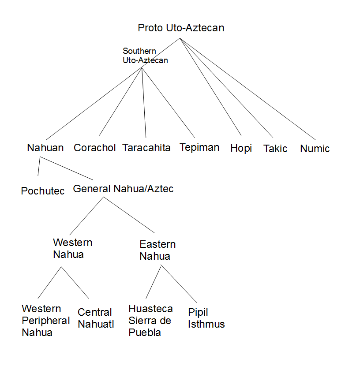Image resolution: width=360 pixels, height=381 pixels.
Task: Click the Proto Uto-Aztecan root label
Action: pyautogui.click(x=181, y=28)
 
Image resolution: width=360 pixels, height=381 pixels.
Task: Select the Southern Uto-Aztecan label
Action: pyautogui.click(x=145, y=56)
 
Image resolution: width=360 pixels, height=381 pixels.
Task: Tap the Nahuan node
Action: pyautogui.click(x=45, y=148)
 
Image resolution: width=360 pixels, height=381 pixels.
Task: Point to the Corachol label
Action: pyautogui.click(x=94, y=148)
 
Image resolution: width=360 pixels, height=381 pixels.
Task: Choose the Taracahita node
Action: pyautogui.click(x=146, y=148)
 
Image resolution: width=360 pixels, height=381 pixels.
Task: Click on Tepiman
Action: pyautogui.click(x=199, y=147)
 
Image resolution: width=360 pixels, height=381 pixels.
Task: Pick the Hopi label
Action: pyautogui.click(x=241, y=149)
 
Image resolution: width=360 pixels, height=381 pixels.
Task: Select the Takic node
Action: pyautogui.click(x=275, y=149)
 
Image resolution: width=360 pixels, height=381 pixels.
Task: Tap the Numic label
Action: pyautogui.click(x=315, y=149)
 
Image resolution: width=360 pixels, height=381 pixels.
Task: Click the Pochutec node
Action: pyautogui.click(x=43, y=191)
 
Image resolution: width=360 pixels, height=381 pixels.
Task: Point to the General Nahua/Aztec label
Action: pyautogui.click(x=123, y=189)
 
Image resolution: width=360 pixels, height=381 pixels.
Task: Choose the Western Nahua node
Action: pyautogui.click(x=72, y=248)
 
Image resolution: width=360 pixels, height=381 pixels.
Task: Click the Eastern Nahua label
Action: pyautogui.click(x=157, y=250)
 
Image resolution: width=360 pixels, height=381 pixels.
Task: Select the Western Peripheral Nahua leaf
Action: pyautogui.click(x=45, y=321)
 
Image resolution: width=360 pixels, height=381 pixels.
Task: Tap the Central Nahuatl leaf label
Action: pyautogui.click(x=96, y=318)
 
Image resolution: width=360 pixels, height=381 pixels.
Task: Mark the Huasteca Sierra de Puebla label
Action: pyautogui.click(x=150, y=321)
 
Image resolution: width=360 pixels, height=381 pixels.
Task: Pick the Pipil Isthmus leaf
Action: pyautogui.click(x=206, y=318)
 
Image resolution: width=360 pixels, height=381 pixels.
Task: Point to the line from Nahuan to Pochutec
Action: pyautogui.click(x=38, y=166)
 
